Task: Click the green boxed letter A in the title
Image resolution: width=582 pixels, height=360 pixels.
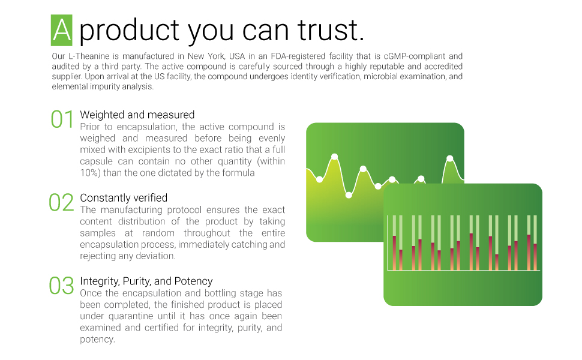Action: [62, 30]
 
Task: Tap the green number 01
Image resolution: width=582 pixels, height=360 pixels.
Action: [62, 119]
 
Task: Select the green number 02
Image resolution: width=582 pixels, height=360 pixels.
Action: [61, 203]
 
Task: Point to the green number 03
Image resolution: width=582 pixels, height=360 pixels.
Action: [61, 286]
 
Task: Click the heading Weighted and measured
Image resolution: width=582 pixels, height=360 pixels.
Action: [137, 115]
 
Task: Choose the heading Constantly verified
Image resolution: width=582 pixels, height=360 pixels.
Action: [124, 198]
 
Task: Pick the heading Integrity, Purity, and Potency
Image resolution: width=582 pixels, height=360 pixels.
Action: [146, 281]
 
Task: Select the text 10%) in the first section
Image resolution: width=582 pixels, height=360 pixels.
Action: [90, 173]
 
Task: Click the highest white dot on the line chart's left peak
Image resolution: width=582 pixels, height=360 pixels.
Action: [334, 157]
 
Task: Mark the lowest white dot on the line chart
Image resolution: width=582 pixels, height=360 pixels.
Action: [349, 195]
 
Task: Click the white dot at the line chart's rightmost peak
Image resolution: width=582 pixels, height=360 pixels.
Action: [450, 158]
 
